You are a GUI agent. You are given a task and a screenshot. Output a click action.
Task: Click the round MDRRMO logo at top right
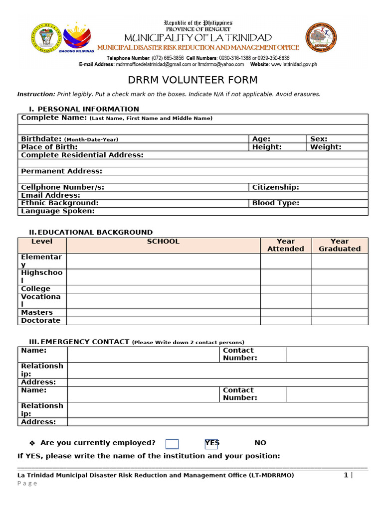pyautogui.click(x=321, y=38)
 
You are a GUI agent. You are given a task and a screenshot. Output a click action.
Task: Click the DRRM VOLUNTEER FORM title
pyautogui.click(x=192, y=80)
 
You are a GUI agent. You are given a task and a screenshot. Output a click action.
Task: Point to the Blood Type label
pyautogui.click(x=275, y=203)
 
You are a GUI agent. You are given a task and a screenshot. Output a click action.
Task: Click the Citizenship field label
pyautogui.click(x=275, y=187)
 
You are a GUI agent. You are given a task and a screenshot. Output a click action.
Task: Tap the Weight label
pyautogui.click(x=326, y=147)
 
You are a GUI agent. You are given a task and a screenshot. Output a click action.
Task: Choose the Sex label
pyautogui.click(x=319, y=139)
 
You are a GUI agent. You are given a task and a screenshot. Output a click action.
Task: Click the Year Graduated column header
pyautogui.click(x=340, y=245)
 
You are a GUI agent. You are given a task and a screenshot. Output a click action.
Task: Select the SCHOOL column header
pyautogui.click(x=163, y=242)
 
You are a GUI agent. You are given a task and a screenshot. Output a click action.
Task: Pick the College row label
pyautogui.click(x=35, y=289)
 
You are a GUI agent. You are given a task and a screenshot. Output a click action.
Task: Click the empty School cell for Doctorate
pyautogui.click(x=163, y=321)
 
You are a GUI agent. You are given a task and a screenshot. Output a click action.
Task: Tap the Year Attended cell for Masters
pyautogui.click(x=286, y=313)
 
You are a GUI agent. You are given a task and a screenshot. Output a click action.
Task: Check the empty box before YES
pyautogui.click(x=172, y=444)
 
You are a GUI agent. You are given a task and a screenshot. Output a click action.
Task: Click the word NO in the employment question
pyautogui.click(x=260, y=443)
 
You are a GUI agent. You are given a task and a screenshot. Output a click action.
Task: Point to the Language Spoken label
pyautogui.click(x=57, y=211)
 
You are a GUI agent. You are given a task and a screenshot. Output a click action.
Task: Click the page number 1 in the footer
pyautogui.click(x=345, y=475)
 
